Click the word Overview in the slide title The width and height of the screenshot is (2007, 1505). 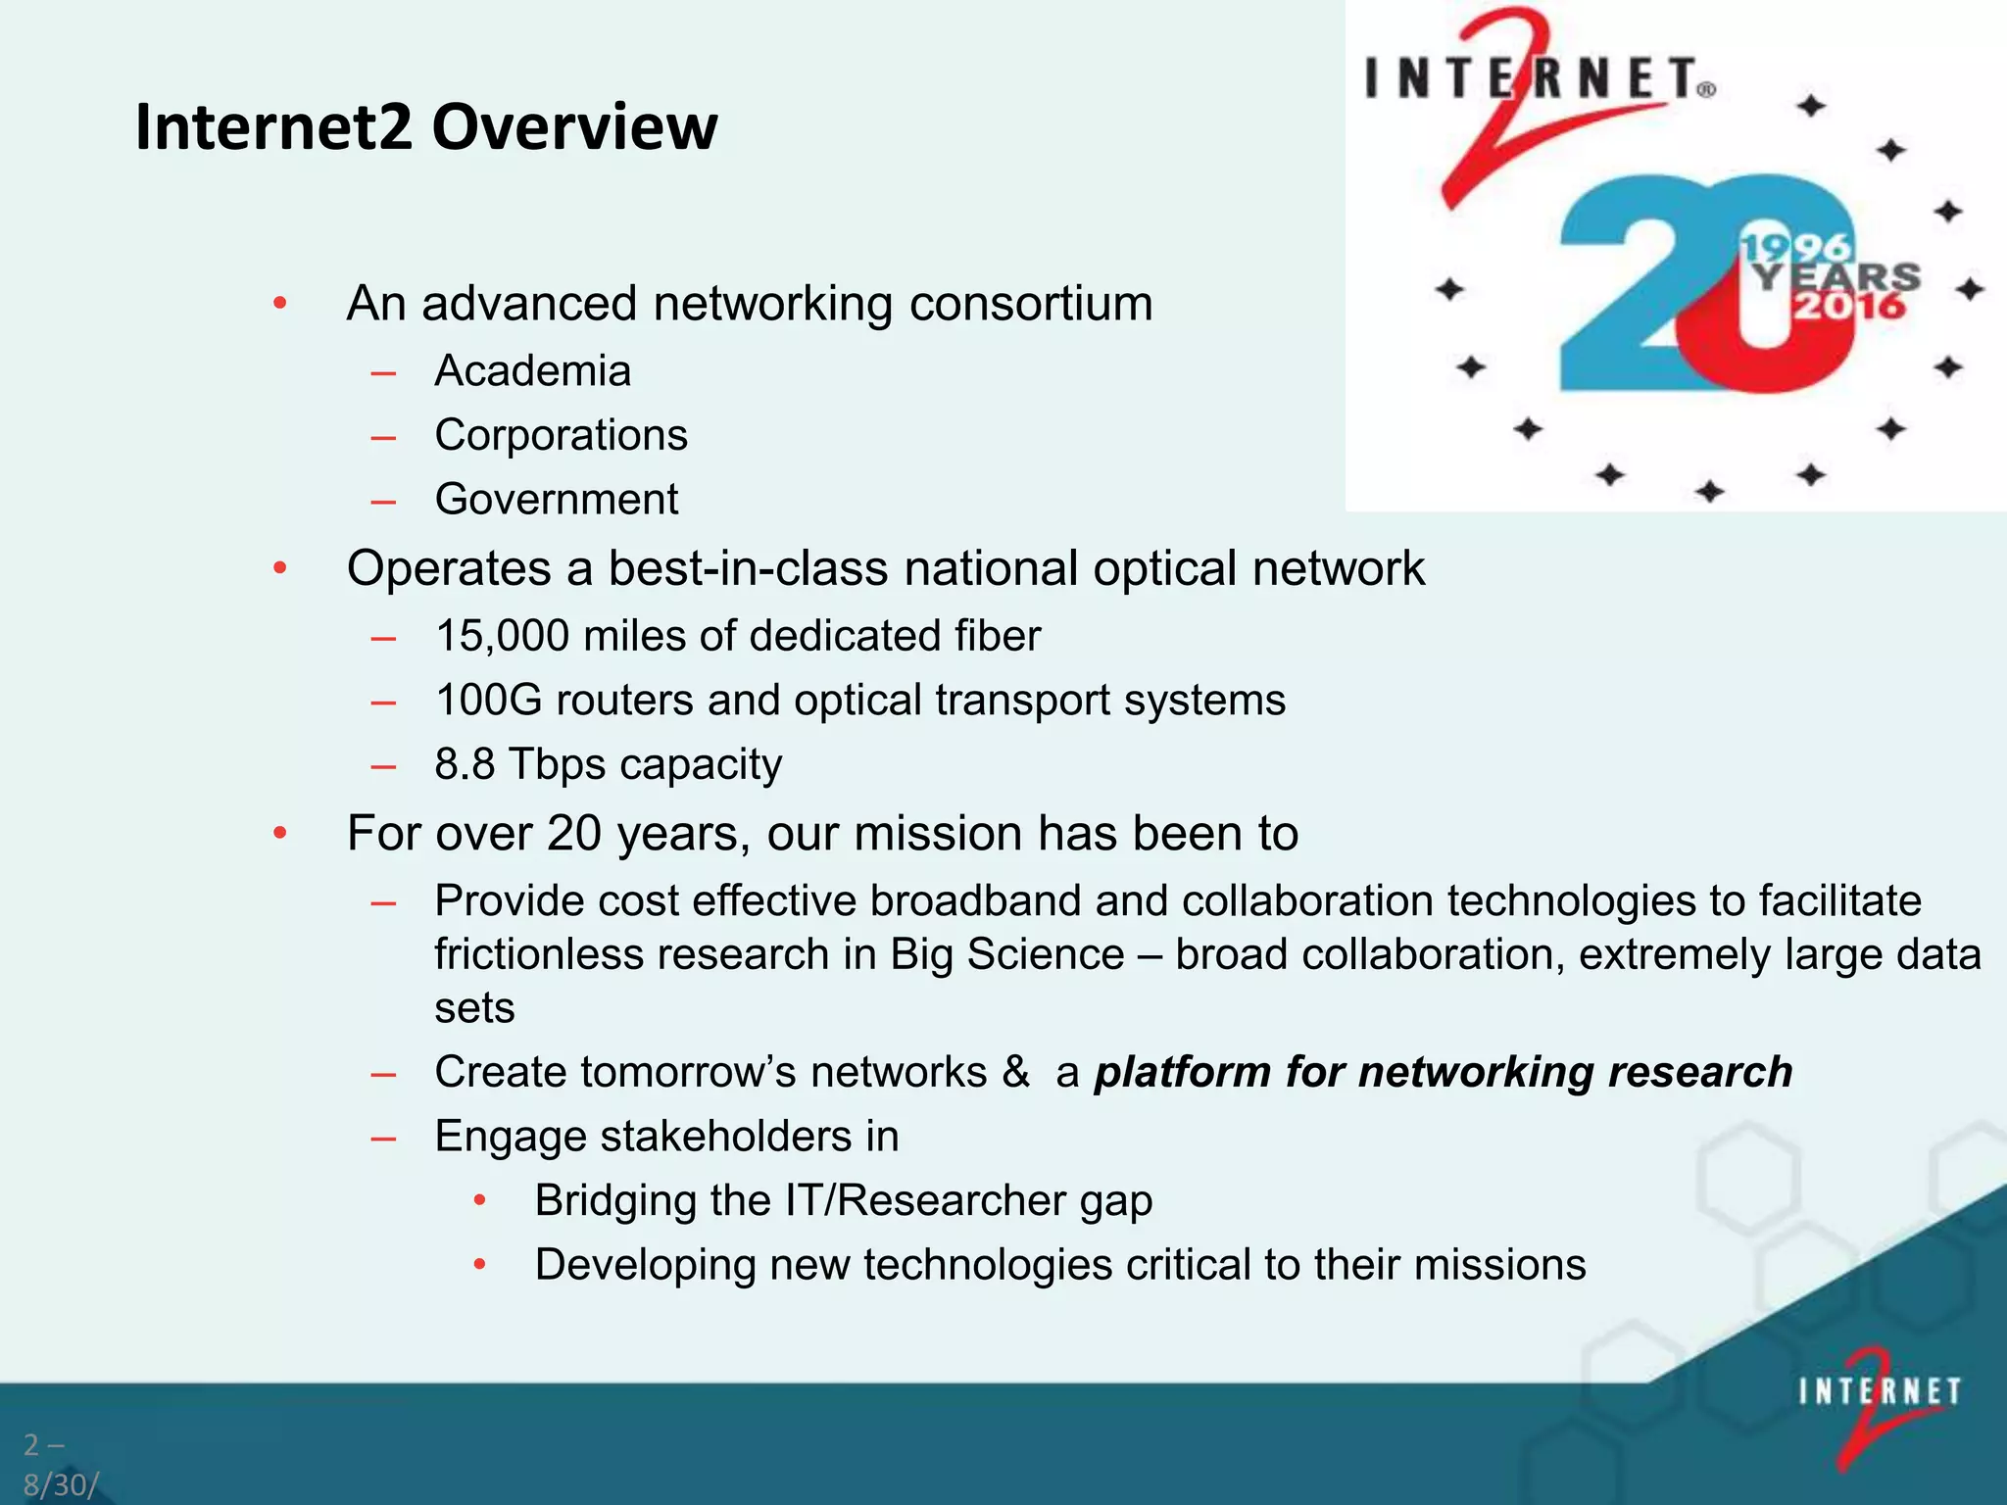tap(574, 127)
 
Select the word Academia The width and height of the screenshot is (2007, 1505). tap(532, 371)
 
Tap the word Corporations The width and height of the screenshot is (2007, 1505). tap(561, 435)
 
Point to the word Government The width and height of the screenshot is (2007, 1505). tap(556, 500)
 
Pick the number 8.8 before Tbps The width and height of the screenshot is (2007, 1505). tap(465, 764)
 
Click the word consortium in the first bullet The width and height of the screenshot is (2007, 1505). tap(1030, 304)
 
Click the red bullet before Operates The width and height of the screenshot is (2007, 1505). tap(280, 568)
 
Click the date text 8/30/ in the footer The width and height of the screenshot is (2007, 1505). tap(60, 1485)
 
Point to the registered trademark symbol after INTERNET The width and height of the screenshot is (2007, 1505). tap(1706, 90)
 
